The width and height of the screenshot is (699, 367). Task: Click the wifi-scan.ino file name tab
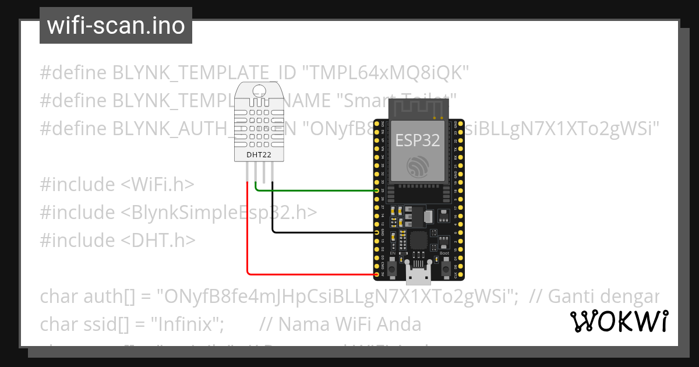pos(115,26)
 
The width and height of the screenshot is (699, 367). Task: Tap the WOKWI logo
pos(619,321)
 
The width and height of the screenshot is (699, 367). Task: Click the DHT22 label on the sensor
pos(260,155)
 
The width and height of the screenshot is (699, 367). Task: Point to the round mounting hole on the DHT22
pos(260,90)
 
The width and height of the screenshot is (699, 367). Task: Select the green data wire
pos(315,190)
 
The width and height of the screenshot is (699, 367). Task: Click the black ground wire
pos(320,232)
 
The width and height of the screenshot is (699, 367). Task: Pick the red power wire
pos(309,274)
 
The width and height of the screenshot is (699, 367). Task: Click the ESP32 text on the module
pos(418,140)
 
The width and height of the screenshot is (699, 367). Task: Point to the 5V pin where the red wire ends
pos(377,274)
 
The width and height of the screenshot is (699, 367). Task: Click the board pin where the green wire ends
pos(377,190)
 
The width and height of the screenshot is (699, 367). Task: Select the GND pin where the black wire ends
pos(377,232)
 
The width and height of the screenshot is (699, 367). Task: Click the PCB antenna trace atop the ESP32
pos(418,108)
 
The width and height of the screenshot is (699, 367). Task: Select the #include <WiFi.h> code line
pos(117,185)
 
